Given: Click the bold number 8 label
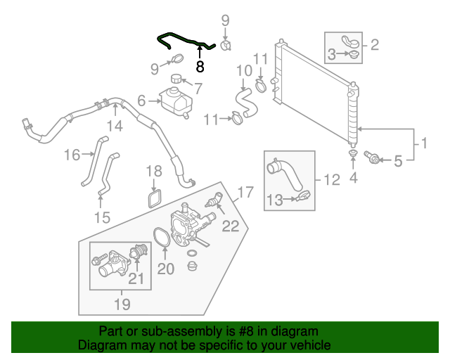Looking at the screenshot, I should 200,67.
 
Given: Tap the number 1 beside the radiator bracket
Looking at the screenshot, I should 423,146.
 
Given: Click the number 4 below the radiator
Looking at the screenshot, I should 354,178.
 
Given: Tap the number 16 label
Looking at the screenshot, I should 73,155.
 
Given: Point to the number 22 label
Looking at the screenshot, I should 231,226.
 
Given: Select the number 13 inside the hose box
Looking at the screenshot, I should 276,200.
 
